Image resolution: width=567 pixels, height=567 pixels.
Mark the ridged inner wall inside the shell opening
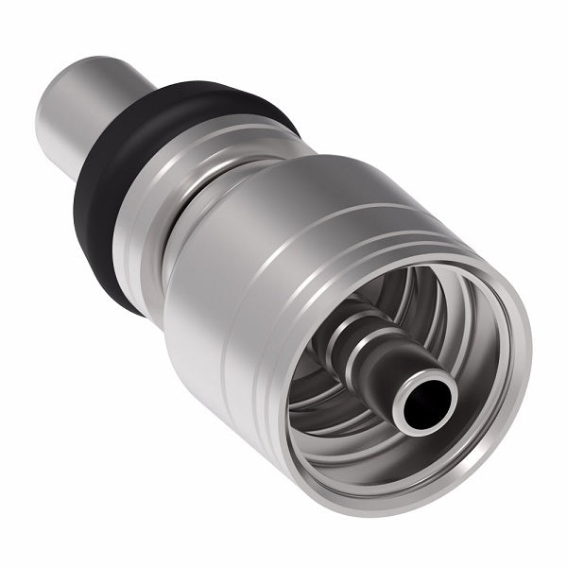click(x=331, y=416)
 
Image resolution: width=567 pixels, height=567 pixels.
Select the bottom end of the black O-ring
click(x=132, y=302)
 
